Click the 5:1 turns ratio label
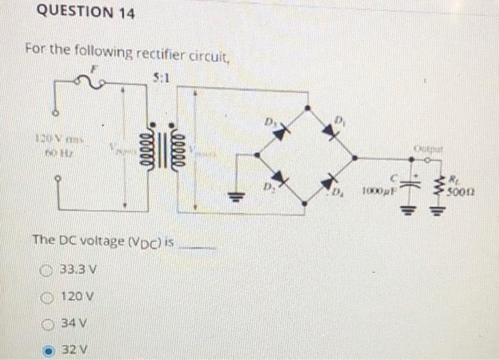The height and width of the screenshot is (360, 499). point(160,78)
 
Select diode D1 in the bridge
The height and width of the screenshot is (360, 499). point(329,130)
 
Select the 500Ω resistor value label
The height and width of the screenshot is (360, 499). point(463,190)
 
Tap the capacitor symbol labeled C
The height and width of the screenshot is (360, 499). point(408,182)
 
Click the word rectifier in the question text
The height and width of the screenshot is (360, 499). point(165,51)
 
